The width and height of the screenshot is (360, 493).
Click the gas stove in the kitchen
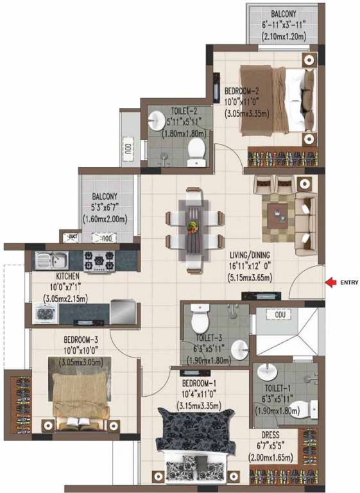[x=99, y=260]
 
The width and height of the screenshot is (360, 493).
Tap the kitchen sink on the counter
[x=51, y=261]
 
